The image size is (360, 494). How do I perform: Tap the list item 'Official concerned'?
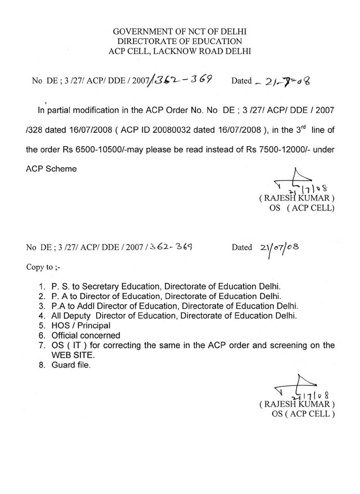click(86, 335)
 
